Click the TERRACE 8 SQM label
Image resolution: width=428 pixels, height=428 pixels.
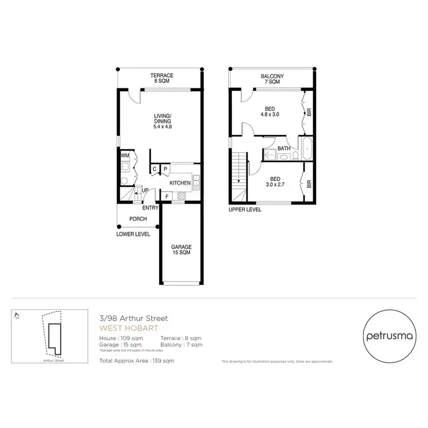pos(161,79)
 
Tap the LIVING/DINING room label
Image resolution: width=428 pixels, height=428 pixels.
pos(163,121)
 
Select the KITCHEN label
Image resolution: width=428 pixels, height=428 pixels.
pos(180,183)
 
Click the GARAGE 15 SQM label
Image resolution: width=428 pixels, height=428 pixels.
pos(180,250)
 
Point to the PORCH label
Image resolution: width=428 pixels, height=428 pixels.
pos(138,219)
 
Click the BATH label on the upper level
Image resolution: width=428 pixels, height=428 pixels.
pos(284,149)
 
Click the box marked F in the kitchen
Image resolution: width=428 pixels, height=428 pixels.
pos(166,196)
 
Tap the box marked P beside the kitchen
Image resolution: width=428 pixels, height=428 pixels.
pos(165,169)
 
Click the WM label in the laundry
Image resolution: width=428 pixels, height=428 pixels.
pos(124,155)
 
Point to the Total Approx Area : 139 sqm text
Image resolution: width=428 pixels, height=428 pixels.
pos(136,361)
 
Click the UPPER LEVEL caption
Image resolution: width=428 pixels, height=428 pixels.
pos(245,209)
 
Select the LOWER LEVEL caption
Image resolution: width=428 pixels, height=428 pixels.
pos(132,234)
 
